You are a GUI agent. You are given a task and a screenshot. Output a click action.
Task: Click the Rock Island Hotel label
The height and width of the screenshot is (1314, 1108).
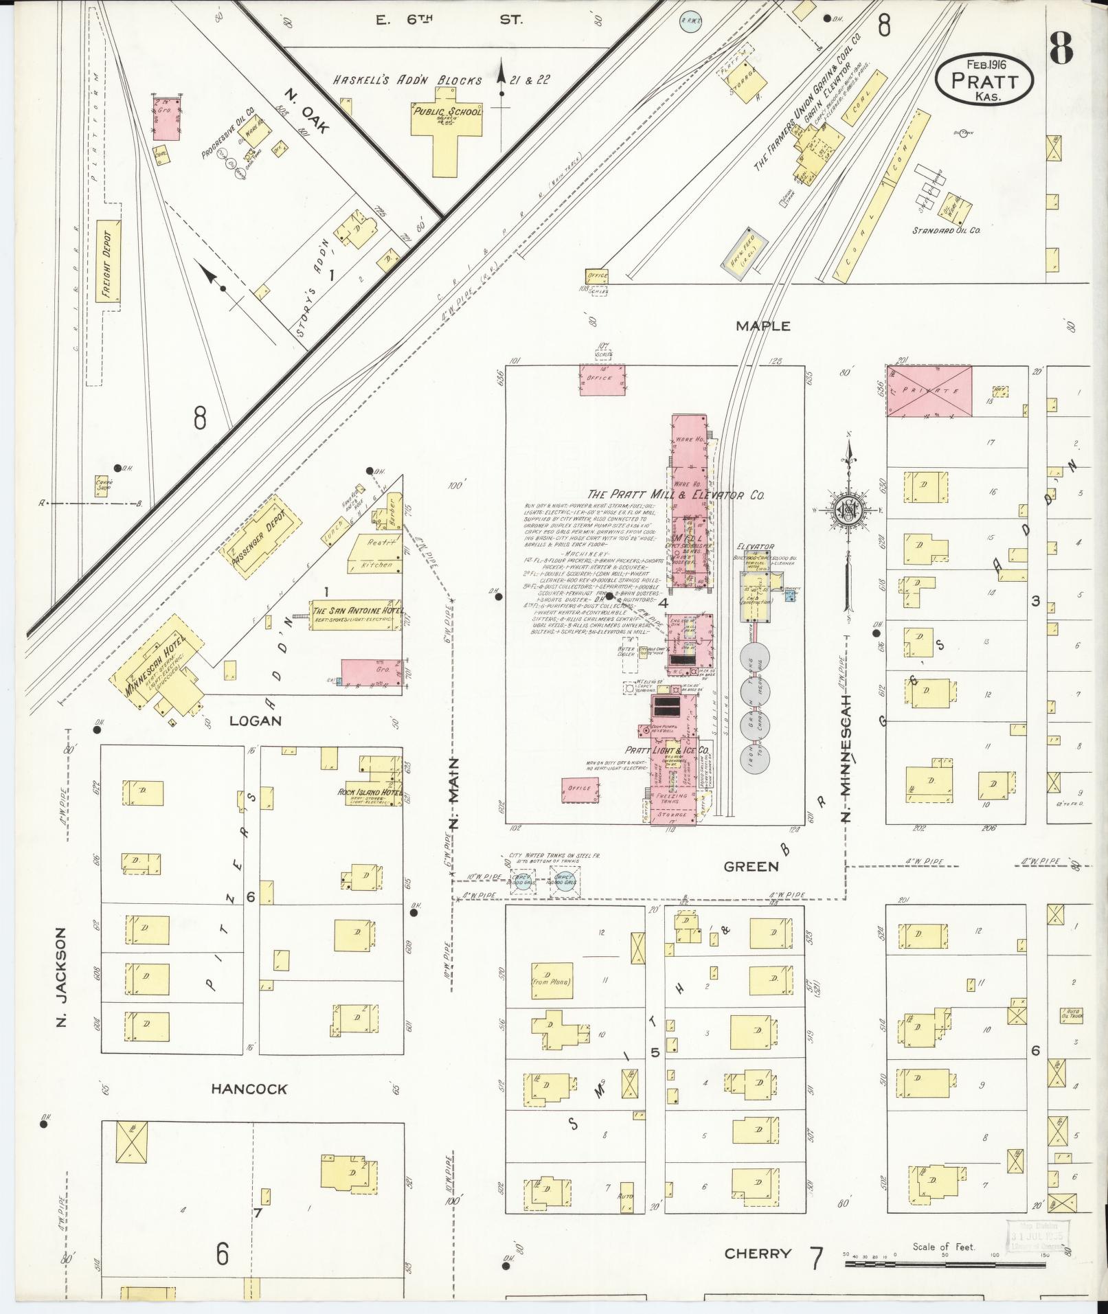click(x=370, y=792)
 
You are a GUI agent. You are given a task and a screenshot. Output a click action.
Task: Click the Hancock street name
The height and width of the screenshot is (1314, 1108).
click(x=249, y=1089)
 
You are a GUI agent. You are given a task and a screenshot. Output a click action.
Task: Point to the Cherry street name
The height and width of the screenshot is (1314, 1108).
click(x=757, y=1254)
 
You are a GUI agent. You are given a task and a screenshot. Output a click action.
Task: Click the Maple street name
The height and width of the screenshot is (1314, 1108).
click(x=762, y=326)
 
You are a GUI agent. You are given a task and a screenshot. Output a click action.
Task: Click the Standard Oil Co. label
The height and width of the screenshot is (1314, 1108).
click(x=945, y=230)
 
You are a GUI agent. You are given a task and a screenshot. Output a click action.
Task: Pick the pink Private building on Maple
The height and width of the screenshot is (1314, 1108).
click(x=929, y=391)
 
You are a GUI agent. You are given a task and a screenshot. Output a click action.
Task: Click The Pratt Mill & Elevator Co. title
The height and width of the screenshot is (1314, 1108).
click(x=676, y=495)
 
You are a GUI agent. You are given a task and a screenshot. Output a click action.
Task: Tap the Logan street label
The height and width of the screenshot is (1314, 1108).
click(x=256, y=721)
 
